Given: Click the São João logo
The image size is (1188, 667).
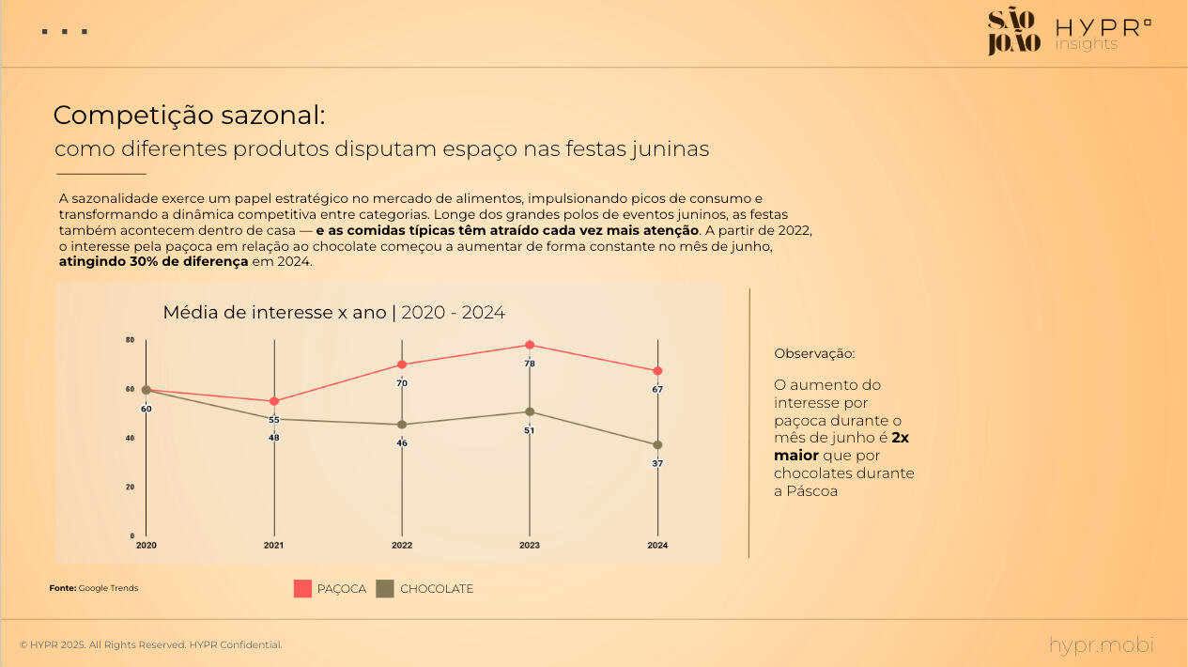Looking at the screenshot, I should pyautogui.click(x=1013, y=31).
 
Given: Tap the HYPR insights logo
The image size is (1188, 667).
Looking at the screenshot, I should pyautogui.click(x=1103, y=34).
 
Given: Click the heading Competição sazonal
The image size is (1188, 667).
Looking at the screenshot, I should pyautogui.click(x=189, y=116).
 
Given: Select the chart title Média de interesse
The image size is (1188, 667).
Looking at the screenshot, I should pyautogui.click(x=333, y=312).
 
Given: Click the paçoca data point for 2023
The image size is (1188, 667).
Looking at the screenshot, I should pyautogui.click(x=530, y=345).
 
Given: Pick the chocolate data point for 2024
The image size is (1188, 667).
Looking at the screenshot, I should pyautogui.click(x=657, y=444).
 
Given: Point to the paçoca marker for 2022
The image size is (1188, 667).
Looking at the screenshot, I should pyautogui.click(x=402, y=365).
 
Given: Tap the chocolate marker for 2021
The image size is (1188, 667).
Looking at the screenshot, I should pyautogui.click(x=274, y=419).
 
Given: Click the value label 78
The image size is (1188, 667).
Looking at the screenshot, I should pyautogui.click(x=530, y=364).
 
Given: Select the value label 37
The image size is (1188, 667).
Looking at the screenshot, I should pyautogui.click(x=657, y=463).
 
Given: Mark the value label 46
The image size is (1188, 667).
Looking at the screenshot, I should pyautogui.click(x=402, y=442).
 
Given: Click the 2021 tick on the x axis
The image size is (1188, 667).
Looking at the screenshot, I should pyautogui.click(x=274, y=545).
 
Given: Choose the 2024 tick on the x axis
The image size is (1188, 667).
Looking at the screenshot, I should pyautogui.click(x=657, y=545).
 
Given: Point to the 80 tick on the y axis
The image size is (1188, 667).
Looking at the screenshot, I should pyautogui.click(x=130, y=340).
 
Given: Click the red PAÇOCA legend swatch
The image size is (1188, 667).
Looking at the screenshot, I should pyautogui.click(x=302, y=589).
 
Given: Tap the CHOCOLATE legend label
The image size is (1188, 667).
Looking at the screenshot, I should pyautogui.click(x=437, y=589).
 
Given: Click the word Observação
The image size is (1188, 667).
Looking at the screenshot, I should pyautogui.click(x=814, y=354).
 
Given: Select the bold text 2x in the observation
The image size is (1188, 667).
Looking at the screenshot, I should pyautogui.click(x=901, y=438).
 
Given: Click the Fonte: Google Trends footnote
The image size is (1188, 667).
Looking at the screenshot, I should pyautogui.click(x=94, y=588).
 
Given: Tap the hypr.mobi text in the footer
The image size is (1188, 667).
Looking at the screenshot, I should pyautogui.click(x=1101, y=644).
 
